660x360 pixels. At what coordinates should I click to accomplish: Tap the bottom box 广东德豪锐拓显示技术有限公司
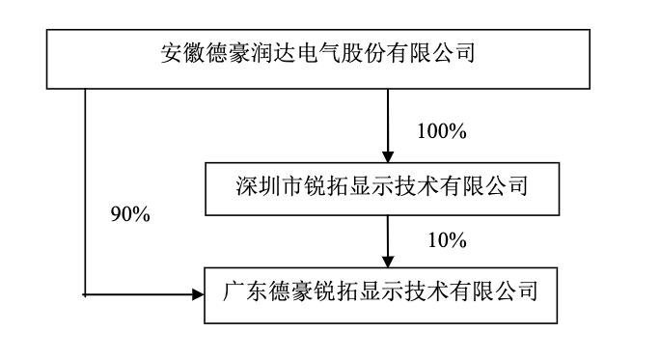(x=385, y=291)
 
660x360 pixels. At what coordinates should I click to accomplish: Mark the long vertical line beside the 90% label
(x=85, y=193)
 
